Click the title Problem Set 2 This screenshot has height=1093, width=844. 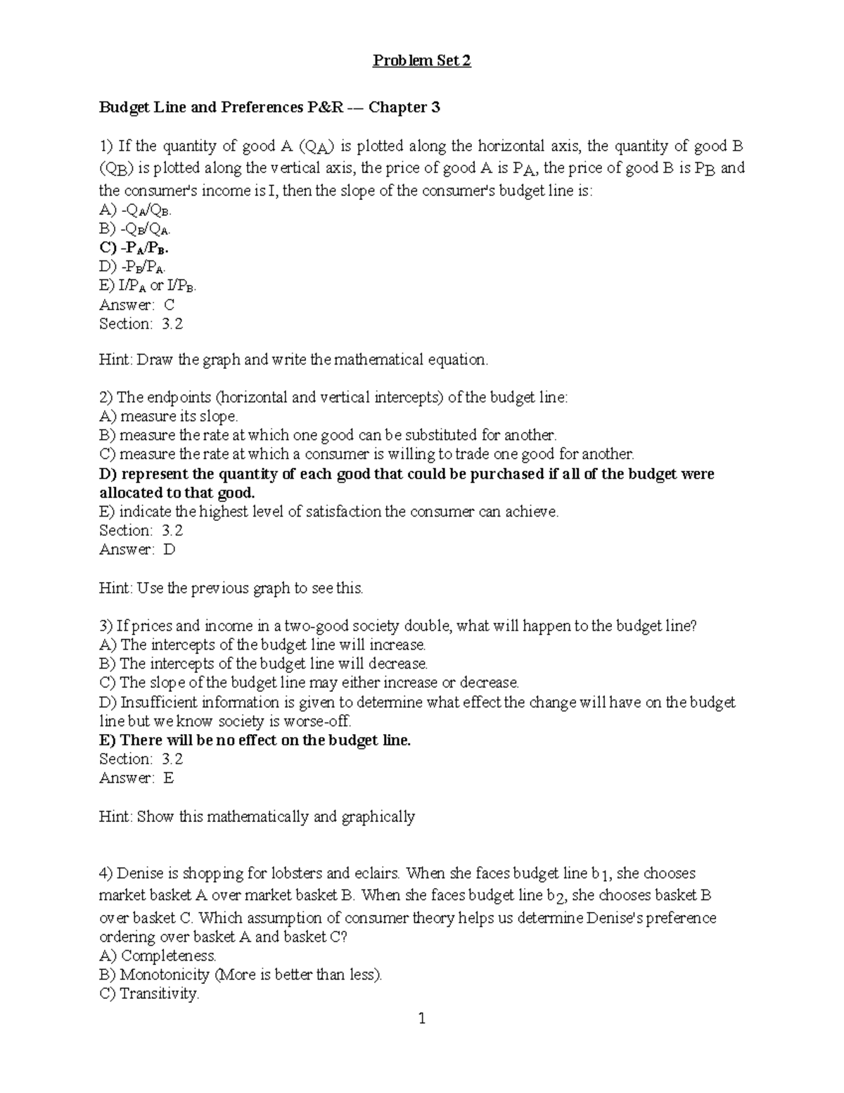coord(421,61)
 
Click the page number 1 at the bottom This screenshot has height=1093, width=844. coord(422,1018)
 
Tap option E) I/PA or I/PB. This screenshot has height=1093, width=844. coord(148,286)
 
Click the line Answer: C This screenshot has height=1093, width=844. coord(136,305)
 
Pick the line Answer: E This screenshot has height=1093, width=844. coord(136,778)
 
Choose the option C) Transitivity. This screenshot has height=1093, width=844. coord(149,994)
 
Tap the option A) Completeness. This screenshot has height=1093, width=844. coord(158,956)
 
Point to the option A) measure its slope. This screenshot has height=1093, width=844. coord(169,416)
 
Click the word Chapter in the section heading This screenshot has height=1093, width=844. coord(398,108)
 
